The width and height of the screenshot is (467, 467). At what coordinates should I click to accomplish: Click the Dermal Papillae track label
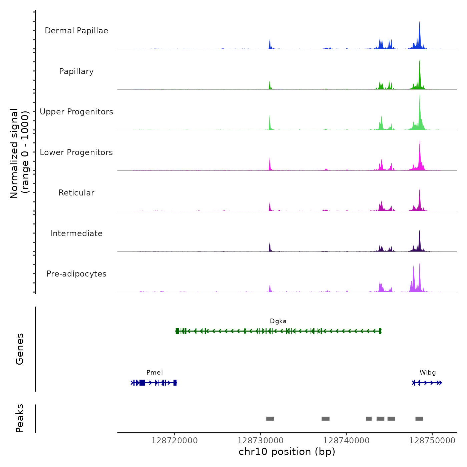(x=76, y=31)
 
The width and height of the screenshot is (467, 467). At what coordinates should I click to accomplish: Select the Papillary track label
(x=76, y=71)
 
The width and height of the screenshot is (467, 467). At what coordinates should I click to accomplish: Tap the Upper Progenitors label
(x=76, y=112)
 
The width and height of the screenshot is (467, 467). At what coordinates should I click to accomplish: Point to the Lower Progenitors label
(x=76, y=152)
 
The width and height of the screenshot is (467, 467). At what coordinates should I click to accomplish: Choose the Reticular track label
(x=76, y=193)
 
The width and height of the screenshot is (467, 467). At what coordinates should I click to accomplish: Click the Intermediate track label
(x=76, y=233)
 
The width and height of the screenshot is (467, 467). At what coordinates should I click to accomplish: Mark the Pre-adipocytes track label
(x=76, y=274)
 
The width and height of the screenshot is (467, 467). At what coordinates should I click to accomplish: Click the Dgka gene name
(x=278, y=321)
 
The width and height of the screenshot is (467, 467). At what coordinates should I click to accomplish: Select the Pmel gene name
(x=154, y=373)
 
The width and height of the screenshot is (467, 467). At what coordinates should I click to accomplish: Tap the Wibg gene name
(x=428, y=373)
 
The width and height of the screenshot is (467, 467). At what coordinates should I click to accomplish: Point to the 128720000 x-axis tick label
(x=174, y=441)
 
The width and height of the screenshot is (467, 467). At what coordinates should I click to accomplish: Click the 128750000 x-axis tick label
(x=432, y=441)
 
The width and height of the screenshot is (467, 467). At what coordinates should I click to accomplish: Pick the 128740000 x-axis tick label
(x=346, y=441)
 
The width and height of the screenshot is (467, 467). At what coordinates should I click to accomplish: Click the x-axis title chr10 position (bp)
(x=287, y=452)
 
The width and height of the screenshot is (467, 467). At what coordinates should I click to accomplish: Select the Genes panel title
(x=20, y=349)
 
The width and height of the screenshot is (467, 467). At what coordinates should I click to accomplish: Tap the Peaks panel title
(x=20, y=418)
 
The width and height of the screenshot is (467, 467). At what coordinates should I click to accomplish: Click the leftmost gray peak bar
(x=270, y=419)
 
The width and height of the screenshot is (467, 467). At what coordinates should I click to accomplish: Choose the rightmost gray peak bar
(x=419, y=419)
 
